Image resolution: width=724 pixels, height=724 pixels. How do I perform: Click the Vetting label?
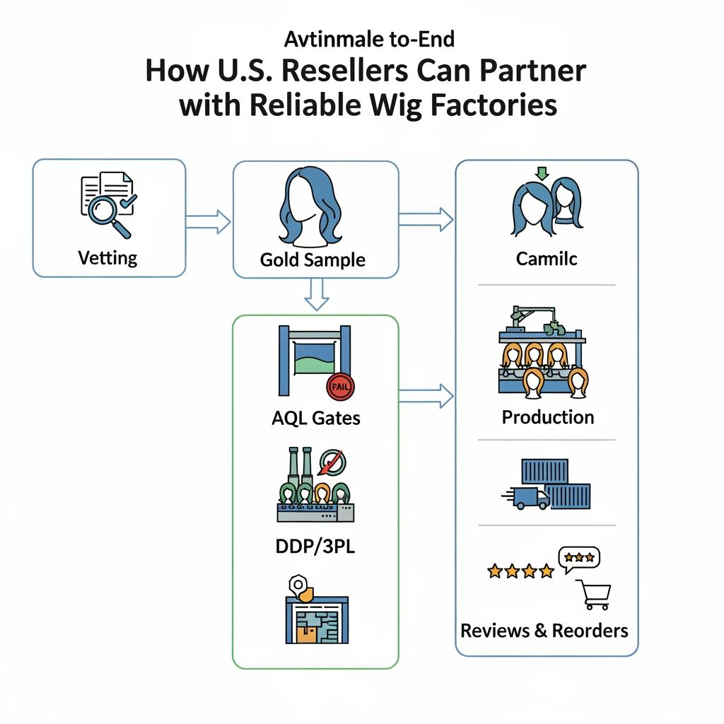(x=108, y=257)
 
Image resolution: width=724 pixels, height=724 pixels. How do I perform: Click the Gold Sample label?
(x=313, y=259)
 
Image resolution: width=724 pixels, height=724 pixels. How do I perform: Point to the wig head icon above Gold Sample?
(x=313, y=209)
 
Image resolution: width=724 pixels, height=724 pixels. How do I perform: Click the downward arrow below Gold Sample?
(x=316, y=293)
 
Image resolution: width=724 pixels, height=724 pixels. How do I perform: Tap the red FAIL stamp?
(x=341, y=387)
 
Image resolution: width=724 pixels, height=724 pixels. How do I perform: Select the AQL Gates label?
(x=315, y=418)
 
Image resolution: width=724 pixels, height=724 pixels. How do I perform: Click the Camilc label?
(x=547, y=258)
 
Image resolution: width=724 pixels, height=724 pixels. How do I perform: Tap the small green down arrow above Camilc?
(x=543, y=173)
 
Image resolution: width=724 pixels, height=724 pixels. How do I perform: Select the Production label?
(x=547, y=417)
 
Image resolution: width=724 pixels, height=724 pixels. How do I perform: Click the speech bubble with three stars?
(x=578, y=558)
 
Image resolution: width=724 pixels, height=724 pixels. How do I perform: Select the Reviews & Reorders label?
(x=544, y=630)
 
